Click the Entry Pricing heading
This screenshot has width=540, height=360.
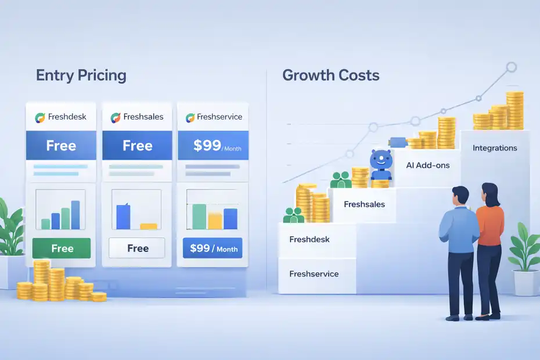(x=81, y=75)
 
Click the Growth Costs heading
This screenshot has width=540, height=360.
(x=330, y=75)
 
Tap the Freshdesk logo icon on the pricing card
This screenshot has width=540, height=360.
(x=40, y=117)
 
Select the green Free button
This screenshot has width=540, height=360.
(x=62, y=249)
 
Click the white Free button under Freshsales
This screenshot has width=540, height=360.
(x=138, y=249)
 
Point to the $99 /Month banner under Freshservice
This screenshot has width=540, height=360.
(x=213, y=146)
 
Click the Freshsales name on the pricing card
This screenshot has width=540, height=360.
(x=143, y=117)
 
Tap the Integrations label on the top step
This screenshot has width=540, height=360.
(x=495, y=148)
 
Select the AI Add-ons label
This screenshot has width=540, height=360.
(x=428, y=165)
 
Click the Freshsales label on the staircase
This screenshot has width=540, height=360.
(x=364, y=204)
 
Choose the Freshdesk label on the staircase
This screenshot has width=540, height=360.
(x=310, y=239)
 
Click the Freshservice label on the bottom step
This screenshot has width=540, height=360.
(x=314, y=274)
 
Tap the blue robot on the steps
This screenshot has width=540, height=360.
(x=380, y=165)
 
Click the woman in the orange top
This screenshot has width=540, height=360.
(x=490, y=244)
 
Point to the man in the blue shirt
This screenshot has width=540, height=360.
(x=458, y=250)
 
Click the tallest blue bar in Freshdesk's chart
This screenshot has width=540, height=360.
(x=75, y=215)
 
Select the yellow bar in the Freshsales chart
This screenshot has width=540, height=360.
(x=149, y=226)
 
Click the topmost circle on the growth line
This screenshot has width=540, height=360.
(x=511, y=67)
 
